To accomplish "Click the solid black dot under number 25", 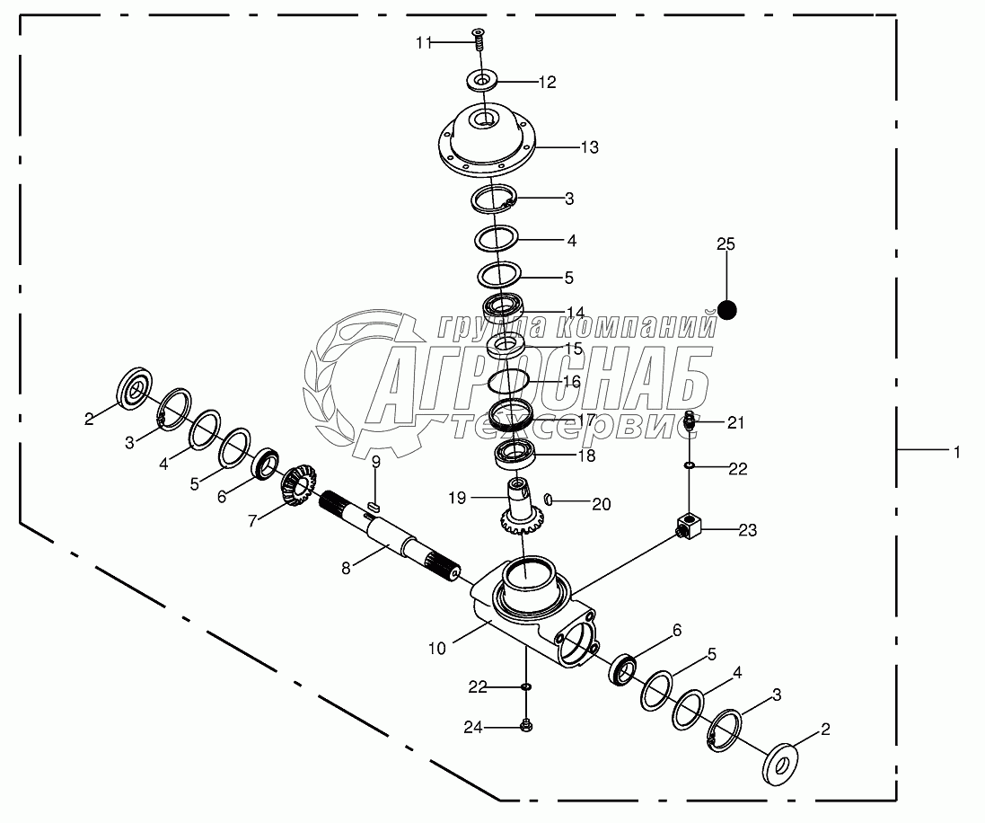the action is point(726,311).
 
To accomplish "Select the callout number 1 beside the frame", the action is point(956,453).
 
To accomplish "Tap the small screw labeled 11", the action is point(479,39).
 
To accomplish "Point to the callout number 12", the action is point(547,82).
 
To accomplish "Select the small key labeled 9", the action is point(374,509).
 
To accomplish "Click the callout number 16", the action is point(571,381).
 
